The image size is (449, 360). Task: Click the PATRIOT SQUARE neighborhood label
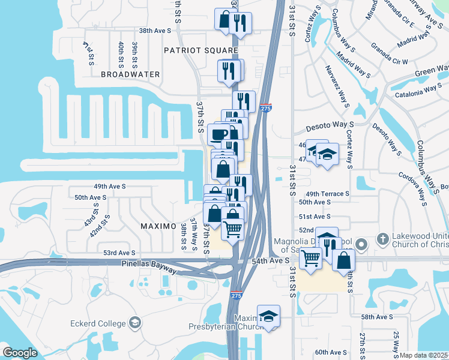[x=201, y=50]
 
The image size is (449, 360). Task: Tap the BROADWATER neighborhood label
[x=130, y=74]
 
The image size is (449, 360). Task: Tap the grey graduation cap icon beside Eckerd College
[x=135, y=323]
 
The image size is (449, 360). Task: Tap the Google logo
[x=20, y=353]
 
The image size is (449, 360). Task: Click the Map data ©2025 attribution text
[x=424, y=355]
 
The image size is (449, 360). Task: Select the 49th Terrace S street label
[x=327, y=194]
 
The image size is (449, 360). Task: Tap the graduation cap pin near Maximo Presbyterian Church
[x=268, y=316]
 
